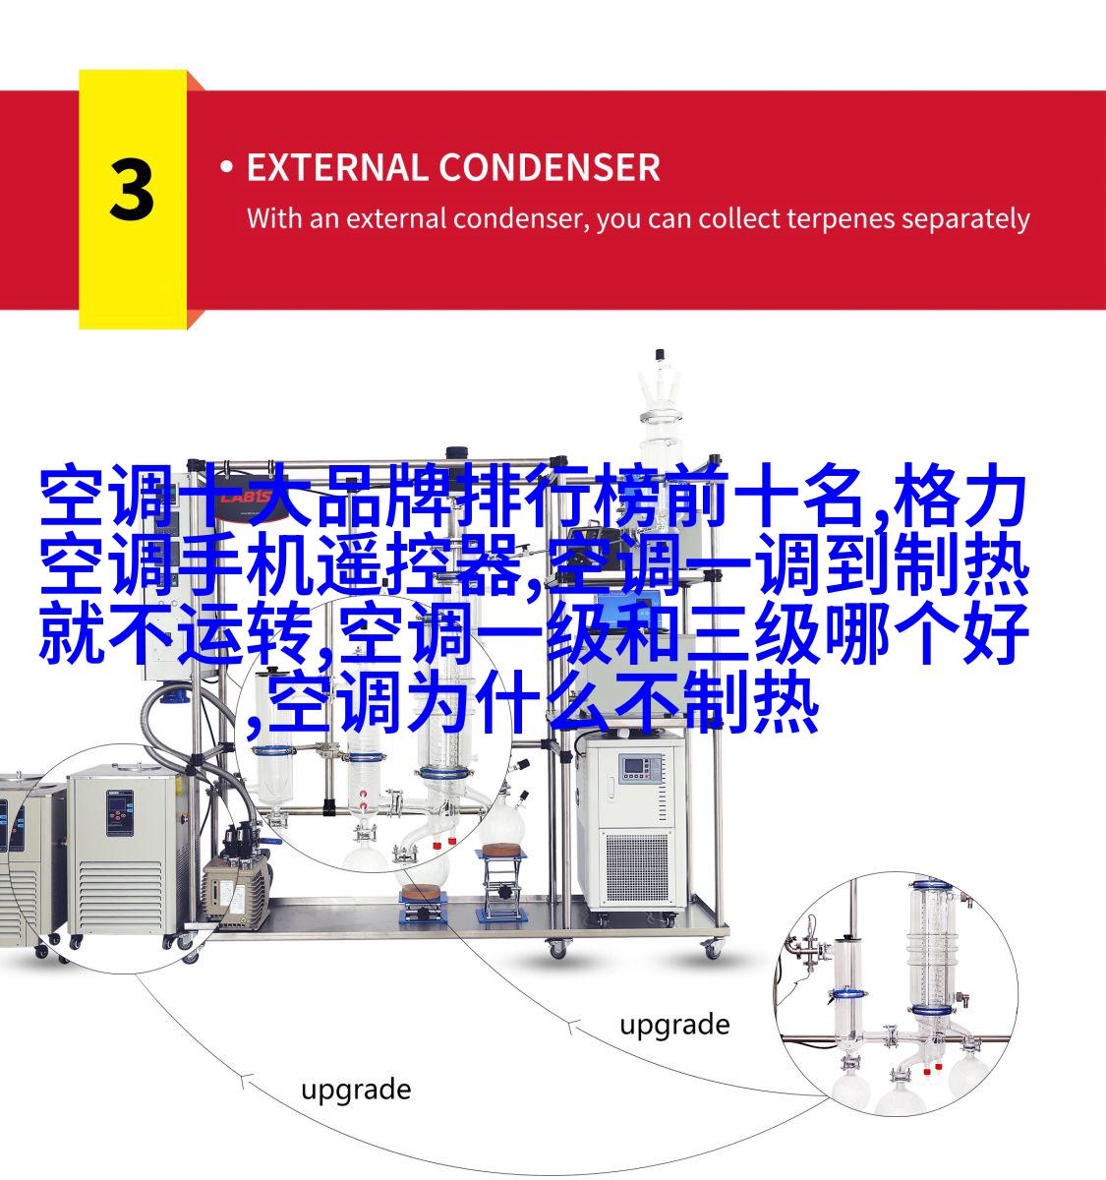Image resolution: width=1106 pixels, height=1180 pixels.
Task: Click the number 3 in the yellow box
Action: [132, 190]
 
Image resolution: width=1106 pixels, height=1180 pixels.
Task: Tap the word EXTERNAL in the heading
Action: [336, 167]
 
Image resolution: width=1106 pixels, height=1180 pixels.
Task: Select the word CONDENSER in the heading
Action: [550, 167]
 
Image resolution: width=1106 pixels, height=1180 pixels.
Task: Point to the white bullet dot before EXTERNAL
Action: [226, 166]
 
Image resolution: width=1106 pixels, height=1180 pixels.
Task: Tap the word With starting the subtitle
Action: [274, 218]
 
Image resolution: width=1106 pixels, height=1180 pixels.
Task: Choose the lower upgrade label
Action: [356, 1091]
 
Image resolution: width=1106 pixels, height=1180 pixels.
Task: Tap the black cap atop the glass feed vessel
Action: [659, 355]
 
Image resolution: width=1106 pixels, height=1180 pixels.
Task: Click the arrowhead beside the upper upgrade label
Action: [572, 1027]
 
